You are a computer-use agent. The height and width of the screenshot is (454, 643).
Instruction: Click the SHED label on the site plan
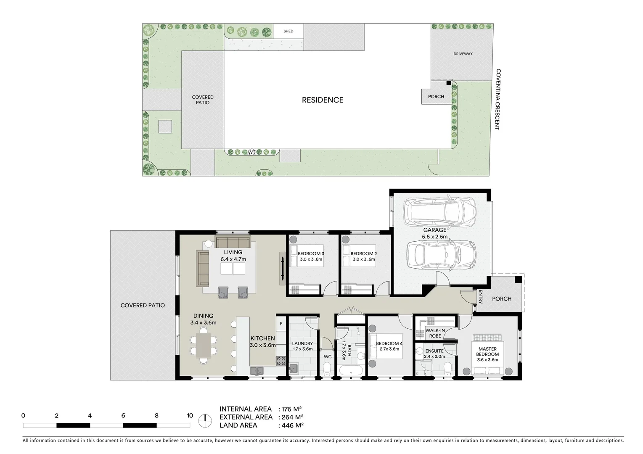(288, 31)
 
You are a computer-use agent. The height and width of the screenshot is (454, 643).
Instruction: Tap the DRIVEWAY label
(463, 54)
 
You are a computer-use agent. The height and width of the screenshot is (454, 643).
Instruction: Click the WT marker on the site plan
(252, 152)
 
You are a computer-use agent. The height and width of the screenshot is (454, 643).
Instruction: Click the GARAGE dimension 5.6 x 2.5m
(434, 237)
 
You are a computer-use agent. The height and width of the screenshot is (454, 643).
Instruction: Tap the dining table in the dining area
(204, 344)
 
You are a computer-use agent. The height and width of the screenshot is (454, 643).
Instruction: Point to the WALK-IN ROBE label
(435, 333)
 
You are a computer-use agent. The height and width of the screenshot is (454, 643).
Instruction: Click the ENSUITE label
(434, 351)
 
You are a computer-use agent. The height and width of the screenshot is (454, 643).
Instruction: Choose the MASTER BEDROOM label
(487, 351)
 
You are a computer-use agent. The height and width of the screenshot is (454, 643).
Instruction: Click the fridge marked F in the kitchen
(281, 324)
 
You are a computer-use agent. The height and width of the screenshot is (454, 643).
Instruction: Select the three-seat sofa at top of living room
(233, 243)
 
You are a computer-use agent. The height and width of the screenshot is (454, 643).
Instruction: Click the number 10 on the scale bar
(190, 416)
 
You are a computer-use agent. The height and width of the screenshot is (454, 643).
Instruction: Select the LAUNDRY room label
(302, 343)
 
